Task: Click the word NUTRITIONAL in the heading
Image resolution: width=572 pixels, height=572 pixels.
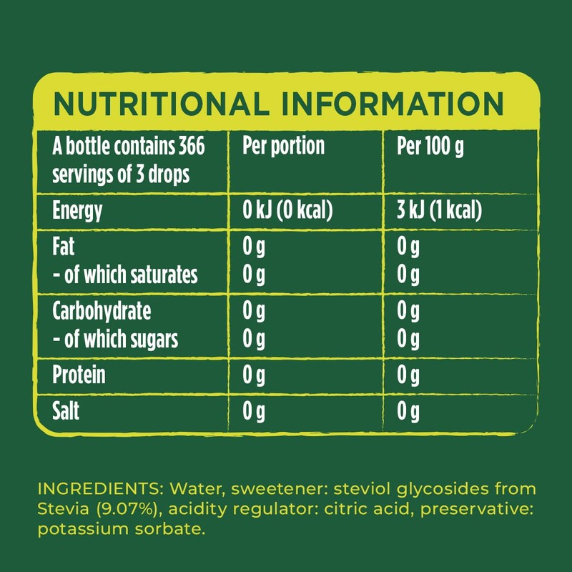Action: tap(161, 104)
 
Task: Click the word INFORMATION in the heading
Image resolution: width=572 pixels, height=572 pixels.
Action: tap(392, 104)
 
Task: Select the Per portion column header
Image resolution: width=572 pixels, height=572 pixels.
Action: tap(283, 147)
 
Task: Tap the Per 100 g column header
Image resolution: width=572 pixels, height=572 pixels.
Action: tap(430, 147)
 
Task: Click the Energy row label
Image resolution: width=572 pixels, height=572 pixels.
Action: tap(77, 211)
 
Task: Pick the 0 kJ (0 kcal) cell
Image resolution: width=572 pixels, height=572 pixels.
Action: tap(289, 211)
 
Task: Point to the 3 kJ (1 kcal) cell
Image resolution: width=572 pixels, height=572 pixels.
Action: tap(438, 211)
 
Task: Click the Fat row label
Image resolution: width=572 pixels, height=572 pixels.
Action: tap(64, 247)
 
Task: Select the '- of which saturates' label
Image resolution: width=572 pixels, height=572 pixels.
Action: tap(125, 275)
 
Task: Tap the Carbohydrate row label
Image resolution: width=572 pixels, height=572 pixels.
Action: tap(102, 312)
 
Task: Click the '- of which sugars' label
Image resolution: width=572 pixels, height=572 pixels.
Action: tap(115, 339)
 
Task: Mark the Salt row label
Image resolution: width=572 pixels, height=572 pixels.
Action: tap(67, 412)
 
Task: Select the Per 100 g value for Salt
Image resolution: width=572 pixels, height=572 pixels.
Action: tap(408, 412)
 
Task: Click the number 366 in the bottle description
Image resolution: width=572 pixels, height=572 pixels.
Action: tap(189, 147)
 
